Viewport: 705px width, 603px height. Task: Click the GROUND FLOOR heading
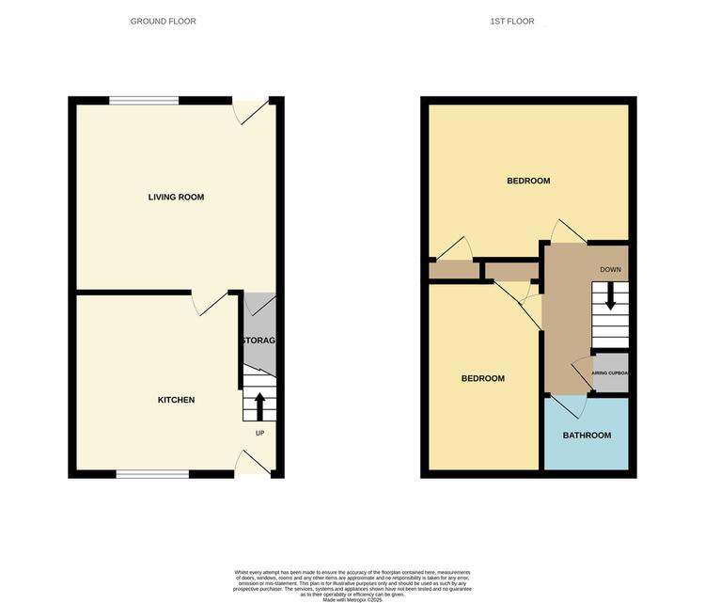pos(164,21)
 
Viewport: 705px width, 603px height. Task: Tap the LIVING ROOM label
pos(176,198)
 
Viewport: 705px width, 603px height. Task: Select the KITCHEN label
pos(176,400)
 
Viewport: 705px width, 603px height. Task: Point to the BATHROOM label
pos(587,436)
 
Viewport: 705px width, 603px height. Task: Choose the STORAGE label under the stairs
pos(258,340)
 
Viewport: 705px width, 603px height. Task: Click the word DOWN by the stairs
pos(610,270)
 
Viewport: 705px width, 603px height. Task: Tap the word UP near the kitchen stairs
pos(260,433)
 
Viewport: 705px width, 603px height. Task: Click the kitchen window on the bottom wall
pos(151,474)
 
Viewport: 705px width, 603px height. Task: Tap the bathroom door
pos(568,407)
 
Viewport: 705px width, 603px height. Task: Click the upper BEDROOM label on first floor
pos(528,181)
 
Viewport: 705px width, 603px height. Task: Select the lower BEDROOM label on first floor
pos(482,378)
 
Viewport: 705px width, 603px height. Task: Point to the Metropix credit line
pos(352,599)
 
